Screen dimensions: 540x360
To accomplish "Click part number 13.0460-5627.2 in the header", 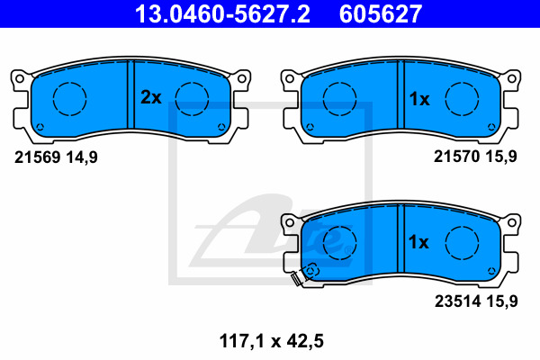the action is (x=222, y=13).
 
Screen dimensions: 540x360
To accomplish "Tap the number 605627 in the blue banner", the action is (x=381, y=13).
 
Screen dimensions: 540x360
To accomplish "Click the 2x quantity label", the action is (x=151, y=97).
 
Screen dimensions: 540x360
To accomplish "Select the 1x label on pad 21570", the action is (x=419, y=99).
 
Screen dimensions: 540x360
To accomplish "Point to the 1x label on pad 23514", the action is (x=418, y=242).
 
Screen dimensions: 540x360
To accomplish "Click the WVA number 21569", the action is (x=38, y=157).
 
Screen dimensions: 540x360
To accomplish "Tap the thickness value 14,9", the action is (x=82, y=157).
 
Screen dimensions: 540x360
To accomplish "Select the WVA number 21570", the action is (x=456, y=157).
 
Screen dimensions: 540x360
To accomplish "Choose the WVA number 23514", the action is (x=457, y=301).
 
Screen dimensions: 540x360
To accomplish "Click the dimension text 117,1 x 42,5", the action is (x=272, y=341).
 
